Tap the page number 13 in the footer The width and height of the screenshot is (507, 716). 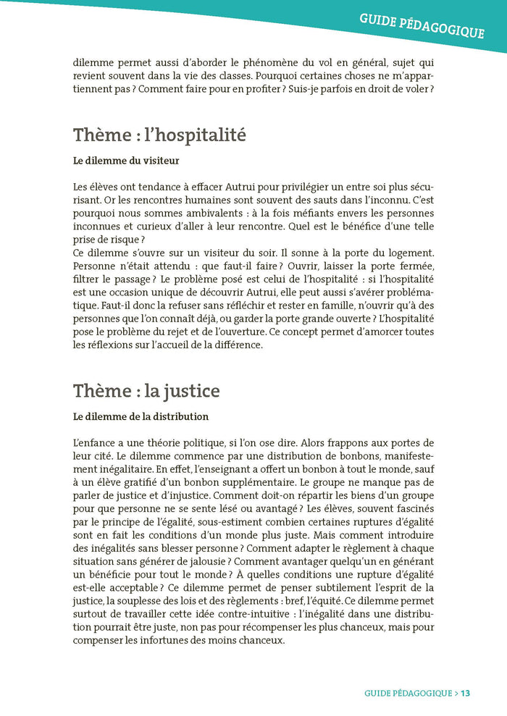pyautogui.click(x=465, y=693)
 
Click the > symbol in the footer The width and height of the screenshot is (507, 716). pyautogui.click(x=456, y=693)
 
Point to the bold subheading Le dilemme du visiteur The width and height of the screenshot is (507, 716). pyautogui.click(x=126, y=161)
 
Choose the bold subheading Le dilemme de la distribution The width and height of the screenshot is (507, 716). pyautogui.click(x=141, y=417)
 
